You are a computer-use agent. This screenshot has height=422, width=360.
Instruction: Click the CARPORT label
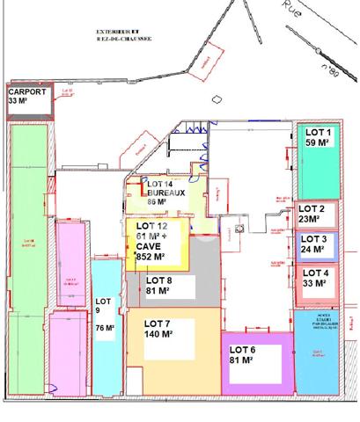27,91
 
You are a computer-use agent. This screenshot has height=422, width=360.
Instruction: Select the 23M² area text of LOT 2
310,219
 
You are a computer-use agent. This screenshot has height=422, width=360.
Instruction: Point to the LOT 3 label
314,238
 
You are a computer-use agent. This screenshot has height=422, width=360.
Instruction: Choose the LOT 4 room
314,280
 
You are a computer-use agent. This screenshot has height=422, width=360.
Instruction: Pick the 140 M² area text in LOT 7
159,334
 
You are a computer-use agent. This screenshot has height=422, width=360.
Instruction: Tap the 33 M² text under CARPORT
19,101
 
